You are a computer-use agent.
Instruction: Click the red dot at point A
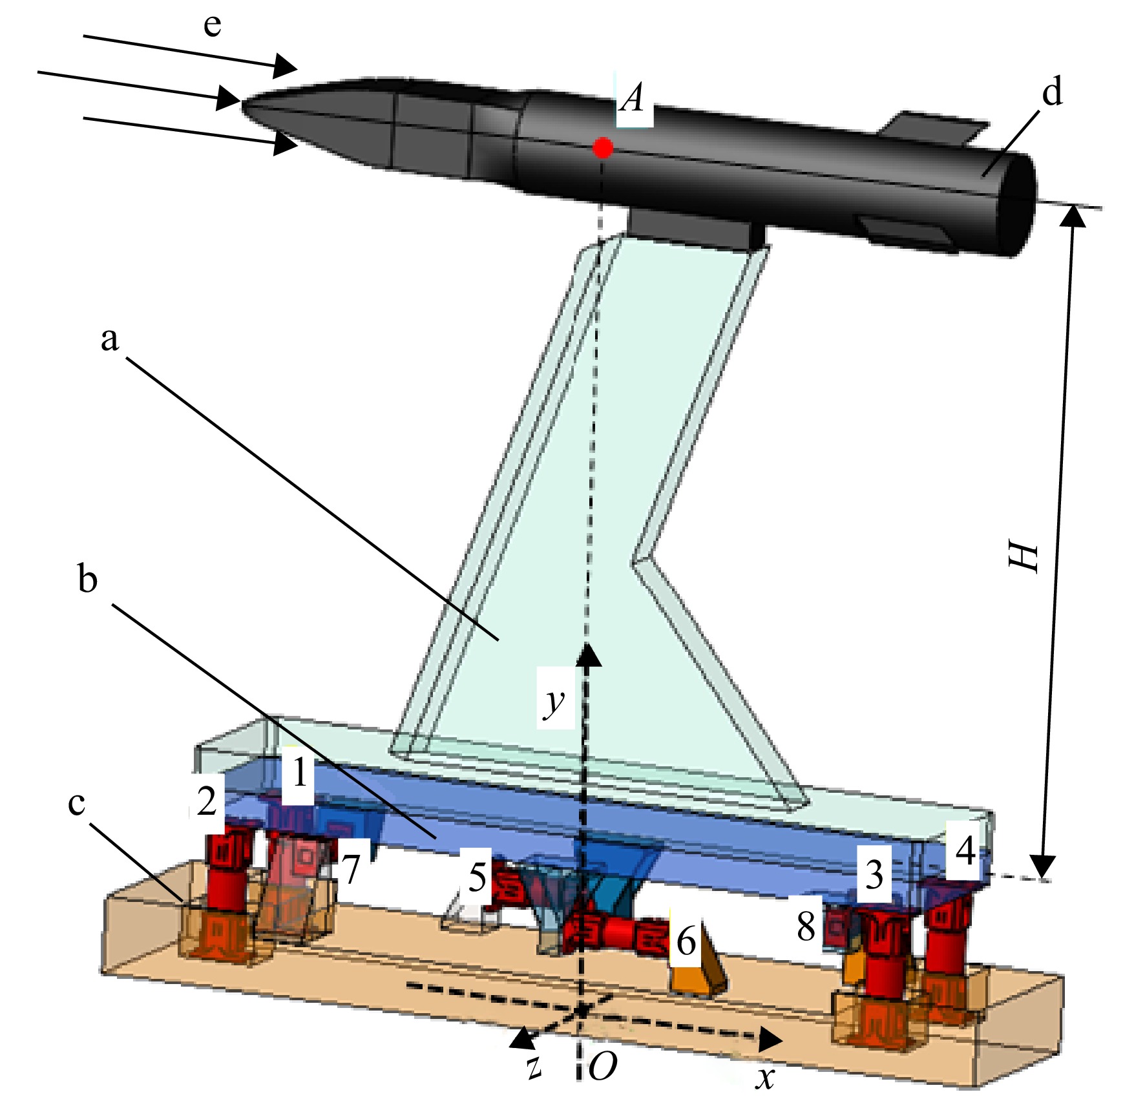(603, 148)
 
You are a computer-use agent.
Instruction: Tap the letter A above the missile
(633, 100)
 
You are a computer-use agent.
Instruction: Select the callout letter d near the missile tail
(1053, 91)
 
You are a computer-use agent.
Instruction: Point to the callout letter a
(110, 339)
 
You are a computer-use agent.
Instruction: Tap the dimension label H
(1024, 556)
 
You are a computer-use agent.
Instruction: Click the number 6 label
(686, 941)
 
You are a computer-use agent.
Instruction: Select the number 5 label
(478, 877)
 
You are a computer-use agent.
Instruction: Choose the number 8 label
(806, 927)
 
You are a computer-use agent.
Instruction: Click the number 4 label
(965, 851)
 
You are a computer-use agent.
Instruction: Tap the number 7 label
(350, 870)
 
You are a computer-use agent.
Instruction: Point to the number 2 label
(207, 801)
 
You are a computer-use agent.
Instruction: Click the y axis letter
(554, 702)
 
